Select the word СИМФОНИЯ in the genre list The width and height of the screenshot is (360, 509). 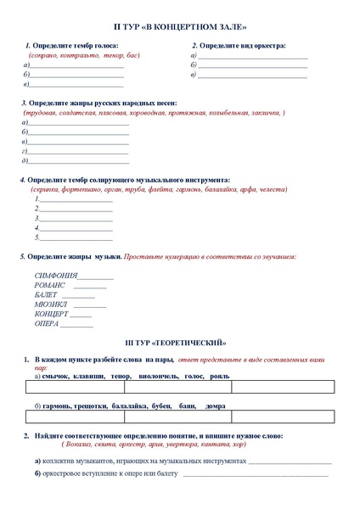point(56,276)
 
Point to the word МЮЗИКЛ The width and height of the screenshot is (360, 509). point(52,305)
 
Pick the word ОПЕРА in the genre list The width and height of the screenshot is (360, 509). point(47,323)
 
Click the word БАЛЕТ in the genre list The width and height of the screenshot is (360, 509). point(47,295)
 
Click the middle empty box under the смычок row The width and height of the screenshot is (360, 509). point(177,389)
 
